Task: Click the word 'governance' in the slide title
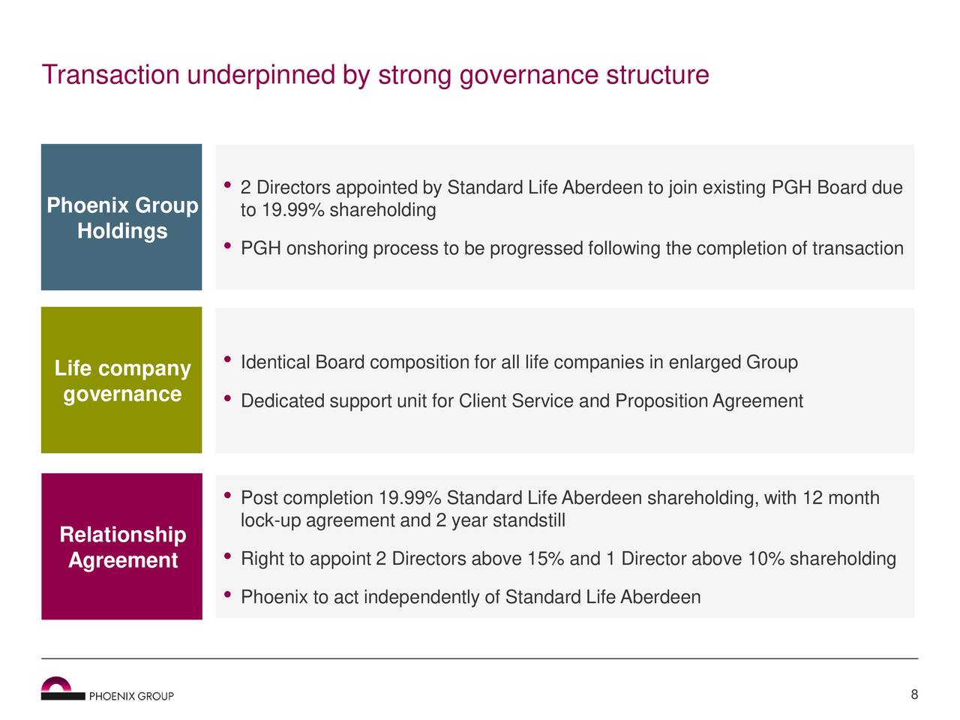click(528, 76)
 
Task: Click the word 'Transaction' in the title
click(110, 76)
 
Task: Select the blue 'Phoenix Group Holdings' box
click(121, 217)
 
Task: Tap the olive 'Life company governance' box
click(121, 380)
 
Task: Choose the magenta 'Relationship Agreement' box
click(121, 547)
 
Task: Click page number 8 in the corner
click(914, 694)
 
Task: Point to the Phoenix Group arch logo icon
click(57, 687)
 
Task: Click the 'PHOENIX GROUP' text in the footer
click(131, 696)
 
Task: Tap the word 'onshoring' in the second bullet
click(326, 249)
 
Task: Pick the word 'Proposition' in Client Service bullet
click(661, 402)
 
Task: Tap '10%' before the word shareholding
click(766, 559)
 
